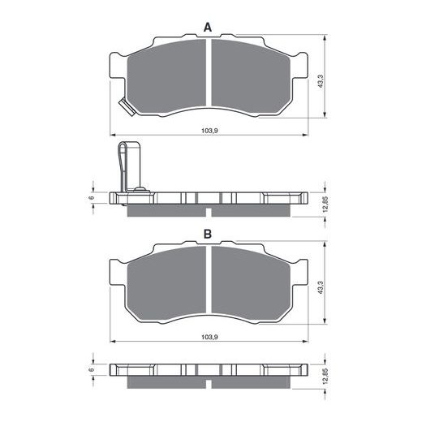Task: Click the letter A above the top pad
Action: tap(208, 28)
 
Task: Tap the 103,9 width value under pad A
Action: tap(208, 129)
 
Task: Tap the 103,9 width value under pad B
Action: tap(208, 336)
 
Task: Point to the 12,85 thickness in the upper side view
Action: tap(325, 203)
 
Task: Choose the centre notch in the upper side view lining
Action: tap(209, 213)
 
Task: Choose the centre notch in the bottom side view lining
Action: tap(209, 380)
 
